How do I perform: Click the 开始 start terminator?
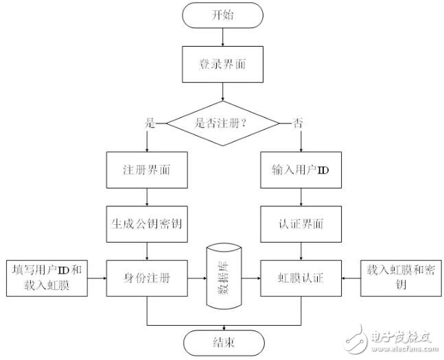[x=224, y=15]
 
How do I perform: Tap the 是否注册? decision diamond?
[x=224, y=124]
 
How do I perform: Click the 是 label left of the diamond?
[x=150, y=123]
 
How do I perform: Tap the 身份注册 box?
[x=148, y=278]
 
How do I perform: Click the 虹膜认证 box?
[x=302, y=278]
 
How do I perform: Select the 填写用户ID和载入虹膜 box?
[x=47, y=278]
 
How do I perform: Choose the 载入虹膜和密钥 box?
[x=400, y=278]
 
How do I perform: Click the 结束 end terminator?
[x=224, y=341]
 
